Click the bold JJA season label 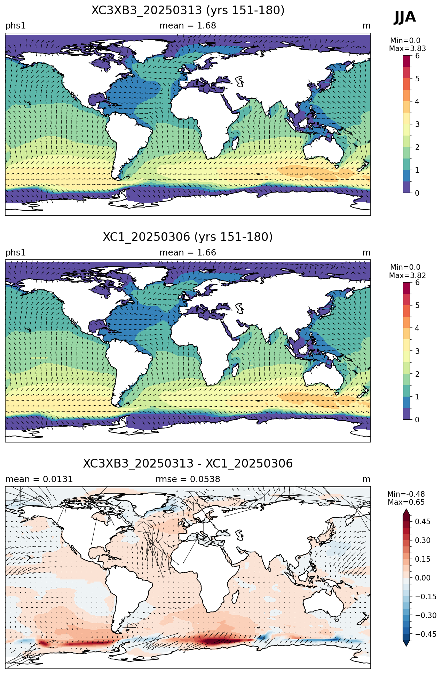tap(405, 17)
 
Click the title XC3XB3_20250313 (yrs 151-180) tap(188, 10)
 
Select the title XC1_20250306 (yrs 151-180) tap(188, 237)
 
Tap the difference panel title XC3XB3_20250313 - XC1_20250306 tap(188, 464)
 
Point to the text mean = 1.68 tap(188, 26)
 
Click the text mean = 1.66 tap(188, 253)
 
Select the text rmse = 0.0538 tap(188, 479)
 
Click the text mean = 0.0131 tap(39, 479)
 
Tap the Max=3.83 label tap(407, 49)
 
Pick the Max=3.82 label tap(407, 276)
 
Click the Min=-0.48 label tap(406, 494)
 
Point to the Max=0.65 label tap(406, 502)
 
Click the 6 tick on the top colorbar tap(417, 56)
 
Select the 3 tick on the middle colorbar tap(417, 351)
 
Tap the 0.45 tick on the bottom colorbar tap(423, 521)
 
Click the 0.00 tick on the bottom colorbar tap(423, 578)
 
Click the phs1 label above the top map tap(15, 26)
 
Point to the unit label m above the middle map tap(366, 253)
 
